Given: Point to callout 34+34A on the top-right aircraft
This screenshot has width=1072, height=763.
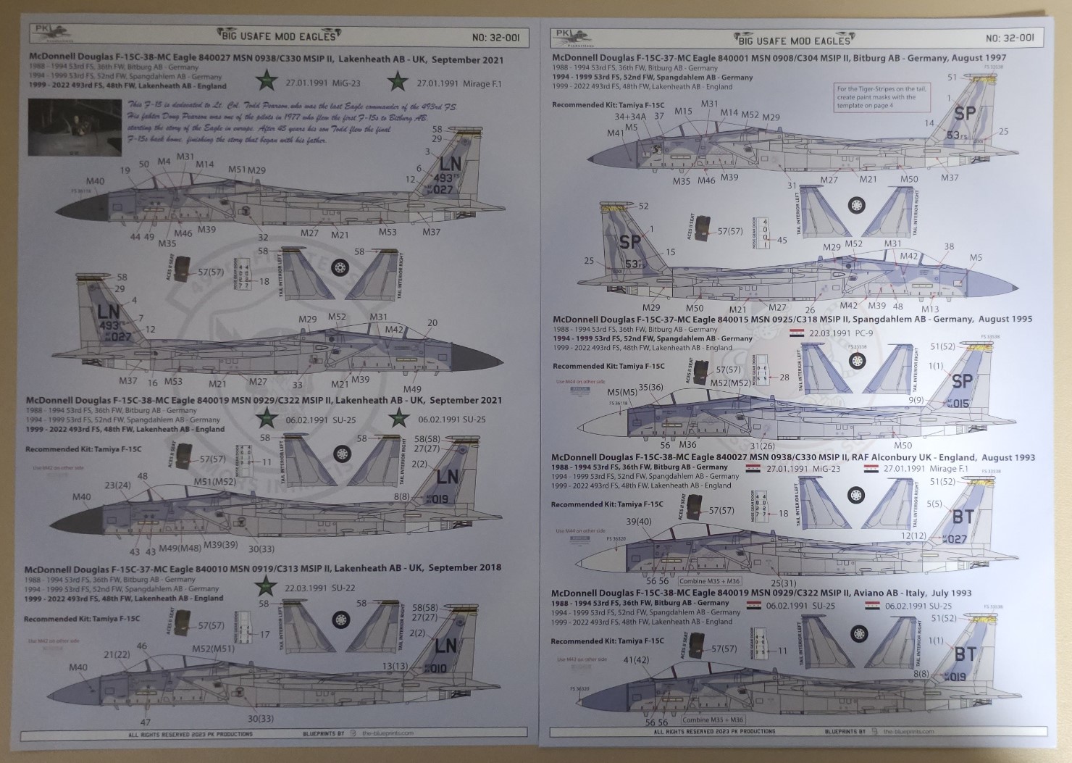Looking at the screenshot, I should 628,116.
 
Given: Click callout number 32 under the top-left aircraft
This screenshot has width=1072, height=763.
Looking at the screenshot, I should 262,237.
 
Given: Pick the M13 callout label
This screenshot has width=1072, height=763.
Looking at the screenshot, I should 929,309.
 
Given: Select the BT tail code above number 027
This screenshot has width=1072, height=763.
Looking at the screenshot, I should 963,516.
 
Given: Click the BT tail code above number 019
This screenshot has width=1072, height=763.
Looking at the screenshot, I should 964,654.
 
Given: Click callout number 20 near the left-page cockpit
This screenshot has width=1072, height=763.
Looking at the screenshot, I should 432,323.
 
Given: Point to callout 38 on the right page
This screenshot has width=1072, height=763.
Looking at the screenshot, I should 949,247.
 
